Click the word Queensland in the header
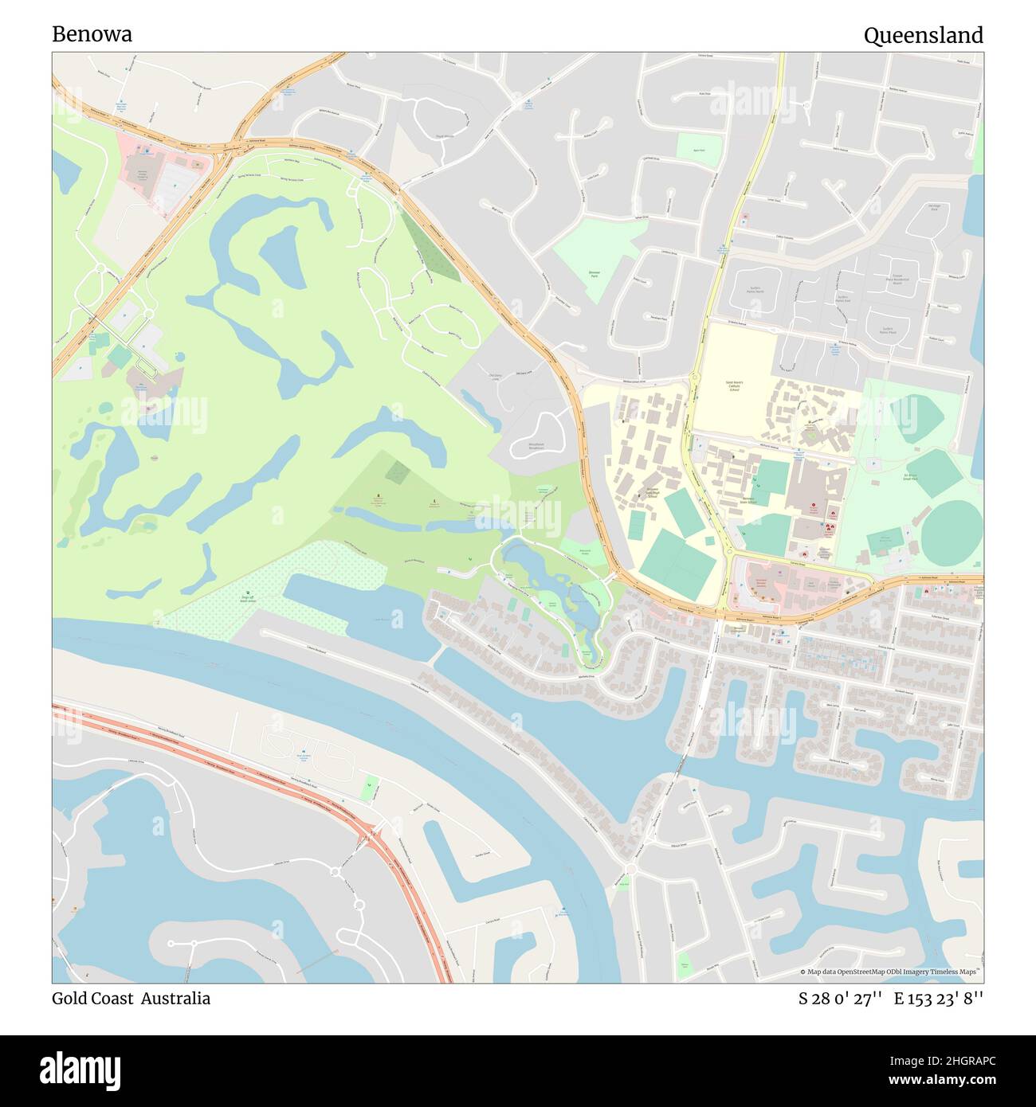[923, 35]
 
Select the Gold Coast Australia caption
[131, 999]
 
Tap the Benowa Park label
[594, 275]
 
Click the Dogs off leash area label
[249, 597]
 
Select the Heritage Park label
[934, 209]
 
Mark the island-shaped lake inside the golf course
[281, 256]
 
